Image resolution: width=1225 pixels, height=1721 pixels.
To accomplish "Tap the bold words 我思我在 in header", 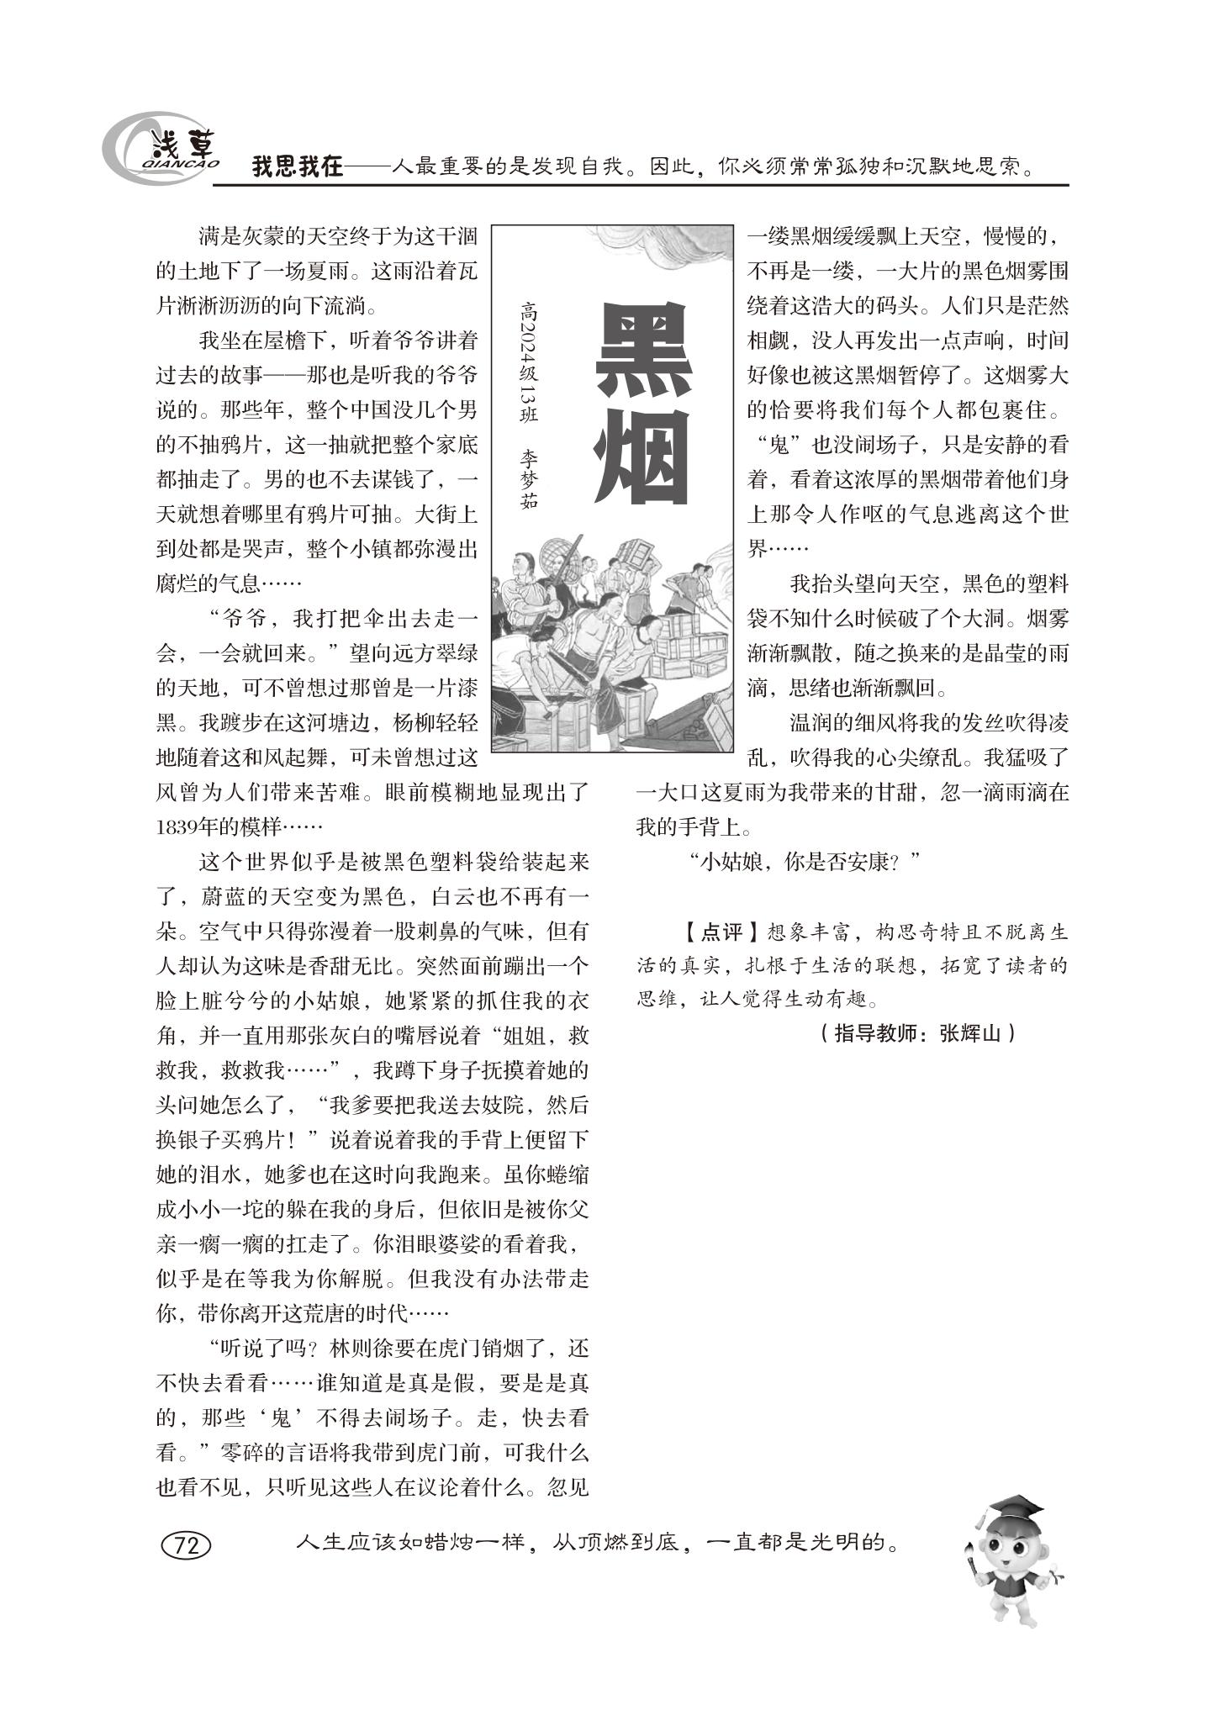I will click(298, 166).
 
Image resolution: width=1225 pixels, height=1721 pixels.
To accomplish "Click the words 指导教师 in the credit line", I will click(871, 1033).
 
